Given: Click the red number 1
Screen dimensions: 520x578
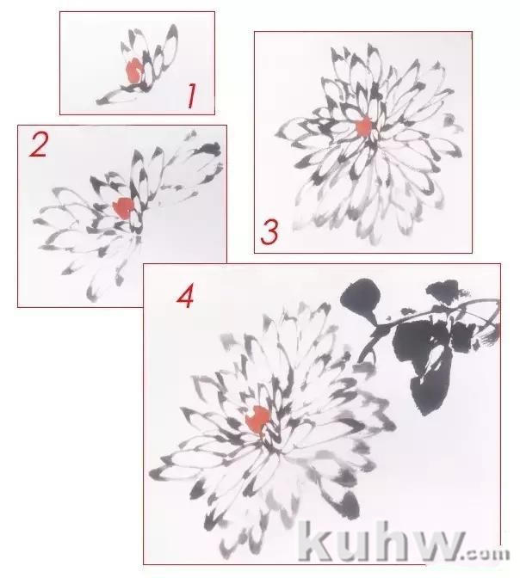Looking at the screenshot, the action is pyautogui.click(x=191, y=95).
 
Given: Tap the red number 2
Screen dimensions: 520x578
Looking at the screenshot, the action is pyautogui.click(x=39, y=144).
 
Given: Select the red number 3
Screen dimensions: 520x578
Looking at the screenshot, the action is pyautogui.click(x=269, y=232).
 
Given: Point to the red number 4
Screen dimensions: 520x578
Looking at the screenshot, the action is pyautogui.click(x=185, y=298).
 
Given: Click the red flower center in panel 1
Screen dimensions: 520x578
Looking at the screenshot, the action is pyautogui.click(x=133, y=71).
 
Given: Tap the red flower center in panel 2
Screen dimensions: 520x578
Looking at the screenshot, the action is pyautogui.click(x=124, y=207).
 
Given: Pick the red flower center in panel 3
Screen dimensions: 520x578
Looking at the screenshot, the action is pyautogui.click(x=364, y=126).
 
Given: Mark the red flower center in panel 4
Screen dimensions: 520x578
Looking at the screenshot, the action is pyautogui.click(x=258, y=420).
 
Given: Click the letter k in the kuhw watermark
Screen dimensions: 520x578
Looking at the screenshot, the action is pyautogui.click(x=316, y=538).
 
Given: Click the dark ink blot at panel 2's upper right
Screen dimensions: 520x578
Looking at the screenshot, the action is pyautogui.click(x=209, y=148).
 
